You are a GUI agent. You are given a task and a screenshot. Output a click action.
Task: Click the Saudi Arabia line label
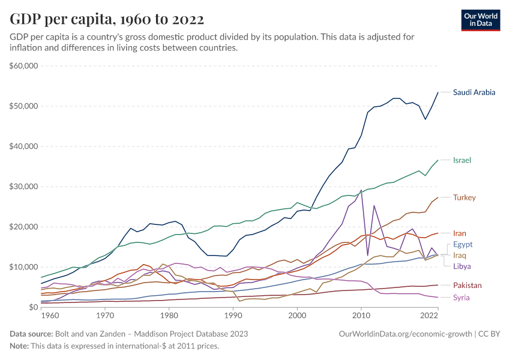coord(474,92)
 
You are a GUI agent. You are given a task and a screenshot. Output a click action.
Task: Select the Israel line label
coord(462,160)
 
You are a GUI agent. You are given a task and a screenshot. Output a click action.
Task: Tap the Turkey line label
coord(464,197)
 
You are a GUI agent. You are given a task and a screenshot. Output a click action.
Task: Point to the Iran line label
coord(460,233)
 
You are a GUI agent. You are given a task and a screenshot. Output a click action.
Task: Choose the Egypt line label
coord(463,244)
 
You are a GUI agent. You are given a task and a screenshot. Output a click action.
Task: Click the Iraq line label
coord(460,255)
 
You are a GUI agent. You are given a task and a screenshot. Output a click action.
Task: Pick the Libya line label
coord(462,266)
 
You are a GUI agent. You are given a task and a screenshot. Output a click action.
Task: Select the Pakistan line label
coord(467,286)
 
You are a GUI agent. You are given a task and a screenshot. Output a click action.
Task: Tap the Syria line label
coord(461,298)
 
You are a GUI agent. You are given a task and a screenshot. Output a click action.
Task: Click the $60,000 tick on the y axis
coord(25,65)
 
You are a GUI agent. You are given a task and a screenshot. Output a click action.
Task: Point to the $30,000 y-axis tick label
coord(25,187)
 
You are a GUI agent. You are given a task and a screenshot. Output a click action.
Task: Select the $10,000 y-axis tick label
coord(25,267)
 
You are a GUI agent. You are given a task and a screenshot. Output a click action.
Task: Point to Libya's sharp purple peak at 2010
coord(361,190)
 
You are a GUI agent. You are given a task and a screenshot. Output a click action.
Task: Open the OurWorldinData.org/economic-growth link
coord(406,334)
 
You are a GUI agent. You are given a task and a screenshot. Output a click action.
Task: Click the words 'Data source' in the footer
coord(31,334)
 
